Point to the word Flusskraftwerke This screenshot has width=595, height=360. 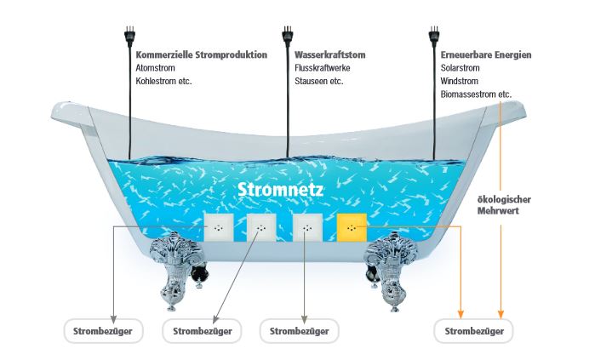pos(322,68)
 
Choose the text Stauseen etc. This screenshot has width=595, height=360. pos(318,82)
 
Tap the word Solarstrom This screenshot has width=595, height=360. pos(461,68)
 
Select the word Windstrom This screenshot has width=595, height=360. pos(459,82)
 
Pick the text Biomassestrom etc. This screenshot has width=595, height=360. pos(476,94)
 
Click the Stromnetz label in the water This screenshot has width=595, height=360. pos(273,189)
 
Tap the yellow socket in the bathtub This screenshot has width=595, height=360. pos(352,228)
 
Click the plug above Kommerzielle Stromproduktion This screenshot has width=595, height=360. pos(129,37)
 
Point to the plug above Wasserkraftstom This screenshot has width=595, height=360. pos(287,37)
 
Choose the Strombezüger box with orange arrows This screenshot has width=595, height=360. pos(473,330)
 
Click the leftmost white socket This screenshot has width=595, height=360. pos(219,228)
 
